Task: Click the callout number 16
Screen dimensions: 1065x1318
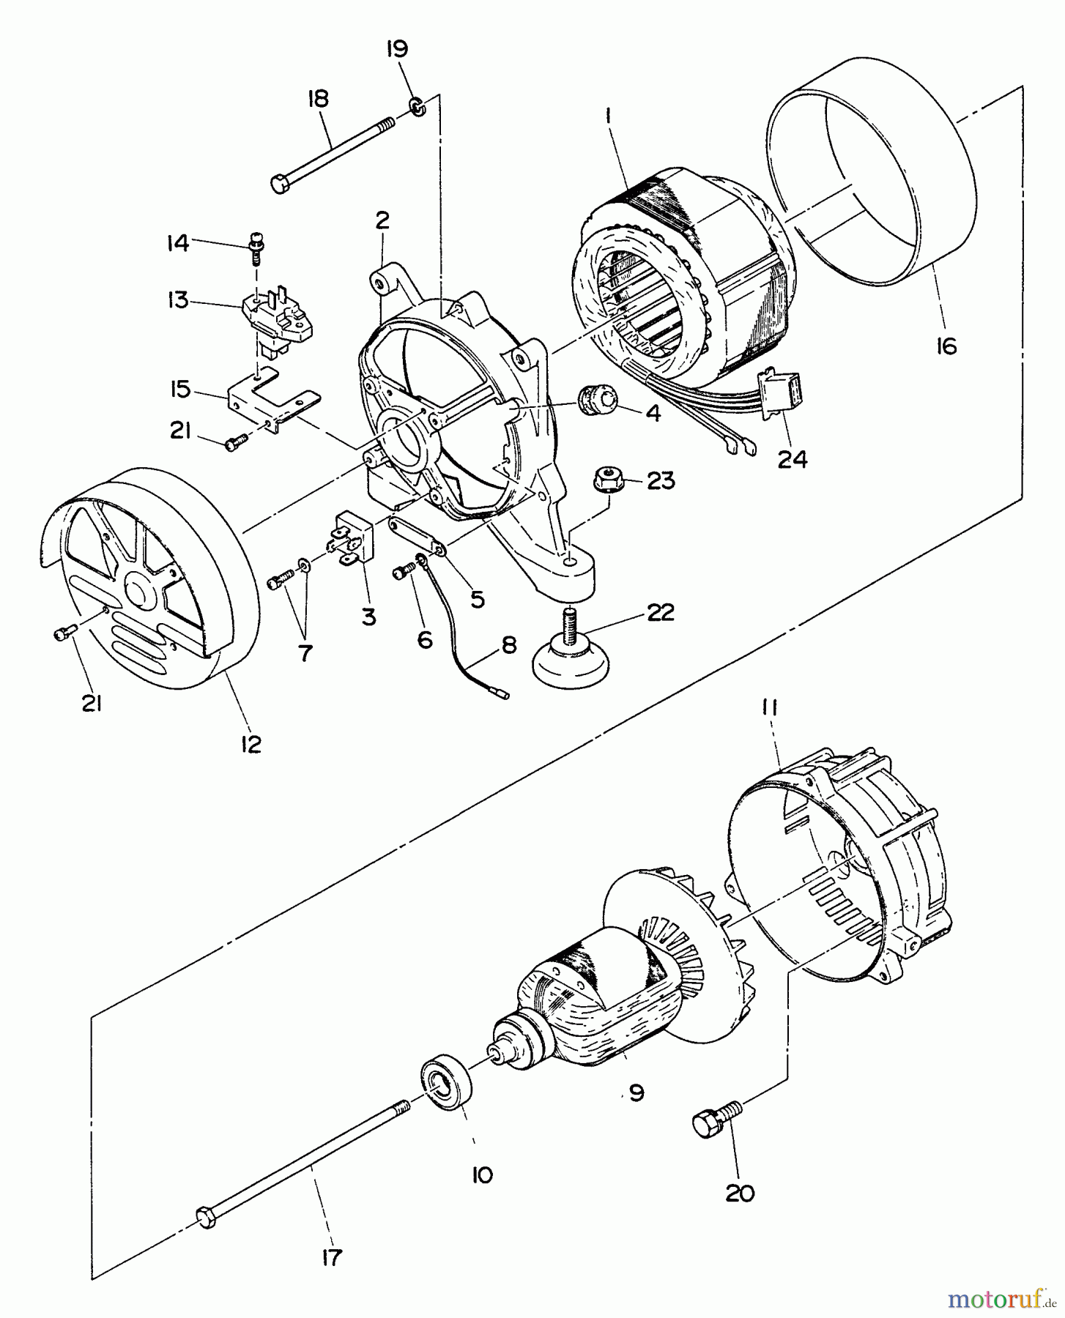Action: (946, 346)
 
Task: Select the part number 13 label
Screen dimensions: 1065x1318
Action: (178, 300)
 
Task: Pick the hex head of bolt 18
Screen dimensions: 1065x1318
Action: (282, 184)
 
